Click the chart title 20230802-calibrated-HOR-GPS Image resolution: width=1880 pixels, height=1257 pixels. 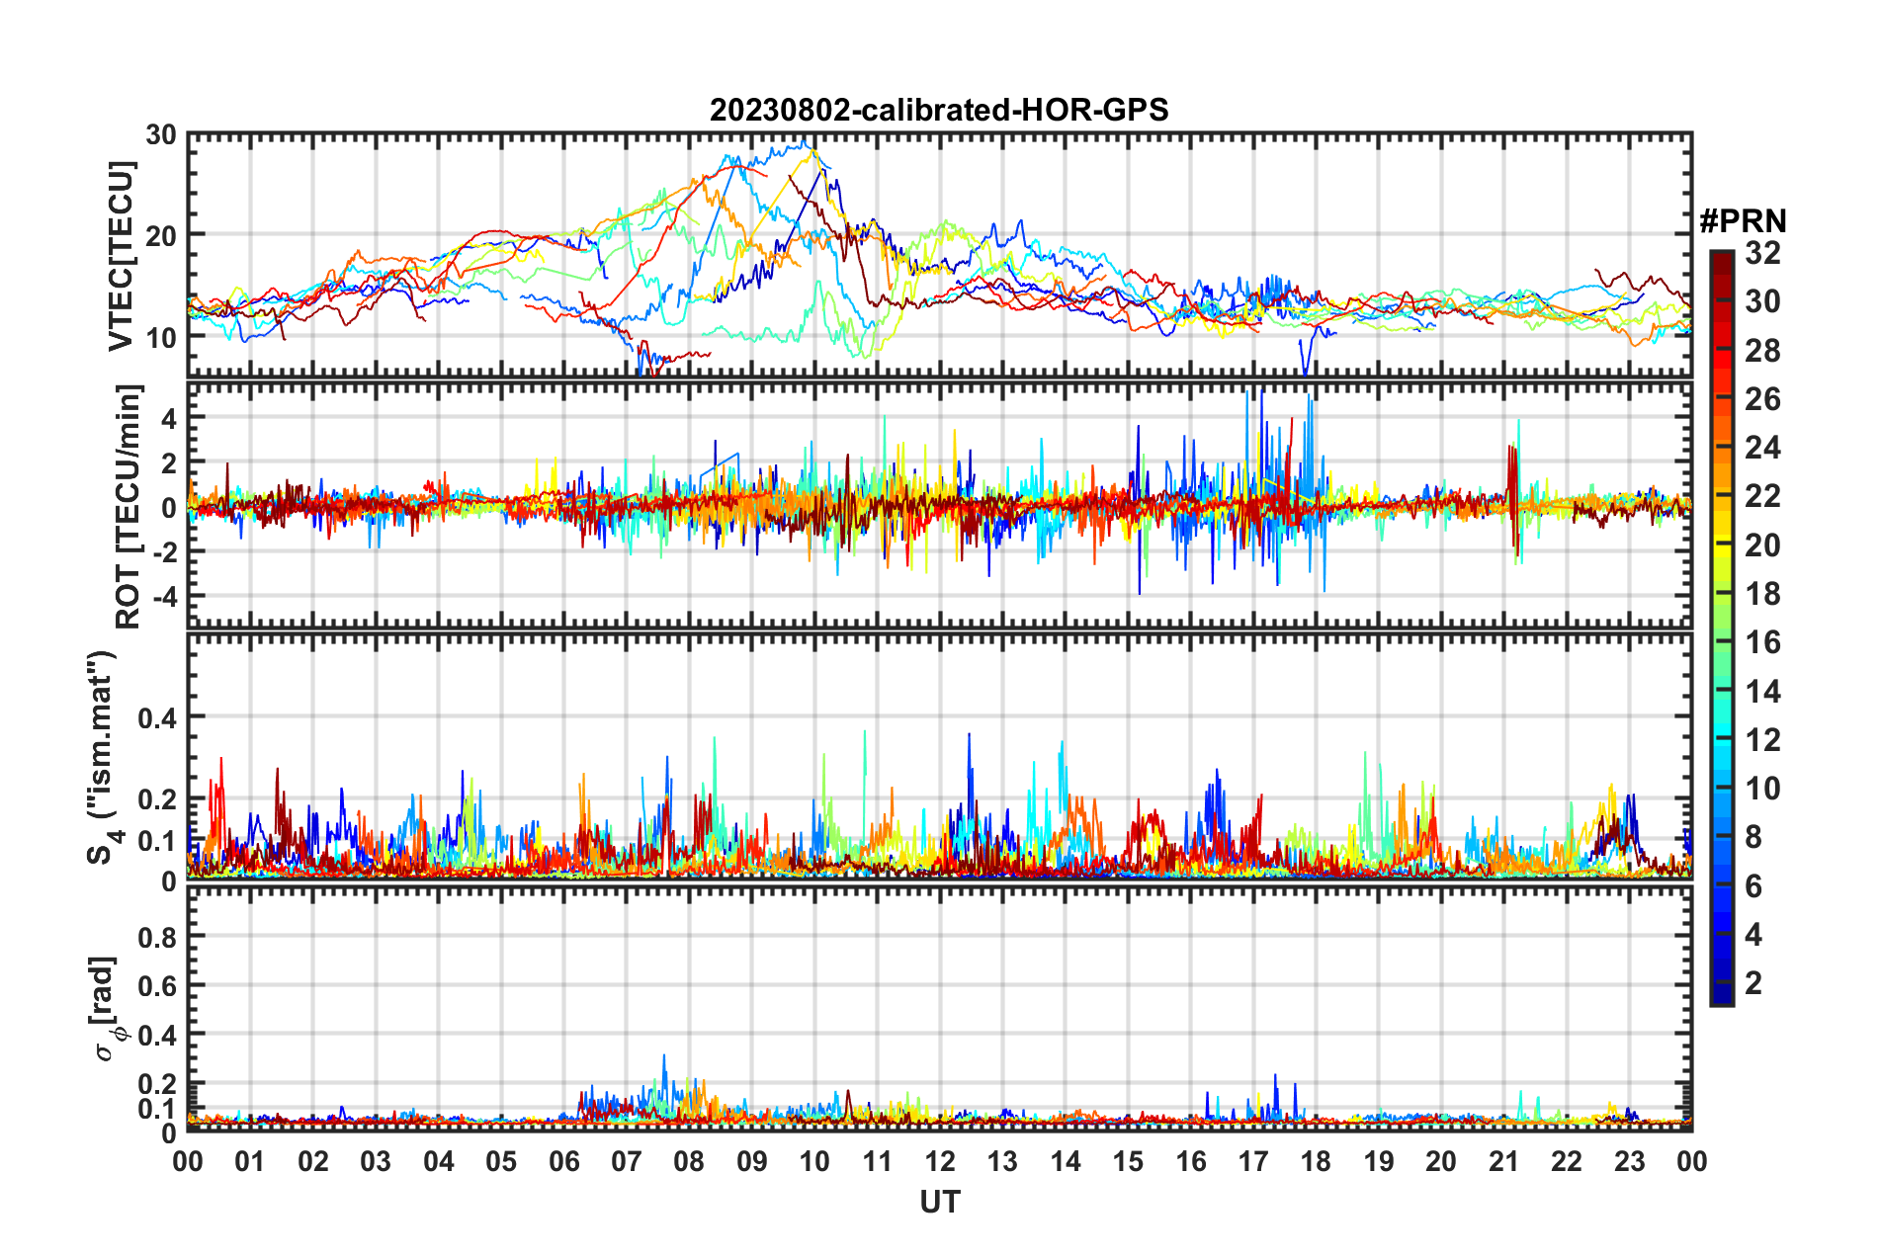(939, 110)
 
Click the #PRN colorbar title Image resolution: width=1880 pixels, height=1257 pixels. (1742, 221)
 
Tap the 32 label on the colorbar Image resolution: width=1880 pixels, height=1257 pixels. (1762, 253)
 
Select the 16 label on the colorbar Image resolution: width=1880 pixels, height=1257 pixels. (1762, 642)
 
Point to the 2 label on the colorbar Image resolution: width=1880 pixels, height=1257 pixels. (1753, 982)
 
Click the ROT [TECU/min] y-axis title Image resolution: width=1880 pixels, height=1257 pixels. (128, 506)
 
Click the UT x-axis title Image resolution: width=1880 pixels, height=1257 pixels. (939, 1202)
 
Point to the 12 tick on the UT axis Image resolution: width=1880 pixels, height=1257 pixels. (939, 1161)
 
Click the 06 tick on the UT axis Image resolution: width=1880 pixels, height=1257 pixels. (563, 1161)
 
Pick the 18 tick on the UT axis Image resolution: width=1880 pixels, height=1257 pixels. (1316, 1161)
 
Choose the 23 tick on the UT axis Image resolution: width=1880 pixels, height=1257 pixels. (1629, 1161)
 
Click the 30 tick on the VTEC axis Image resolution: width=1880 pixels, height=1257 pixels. (160, 135)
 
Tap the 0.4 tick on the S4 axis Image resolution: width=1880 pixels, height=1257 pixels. (156, 717)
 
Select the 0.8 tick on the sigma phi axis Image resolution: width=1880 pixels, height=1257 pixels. (156, 937)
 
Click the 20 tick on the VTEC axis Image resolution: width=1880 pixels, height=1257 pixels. (160, 235)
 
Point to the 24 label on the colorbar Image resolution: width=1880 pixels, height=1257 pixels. (1762, 448)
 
